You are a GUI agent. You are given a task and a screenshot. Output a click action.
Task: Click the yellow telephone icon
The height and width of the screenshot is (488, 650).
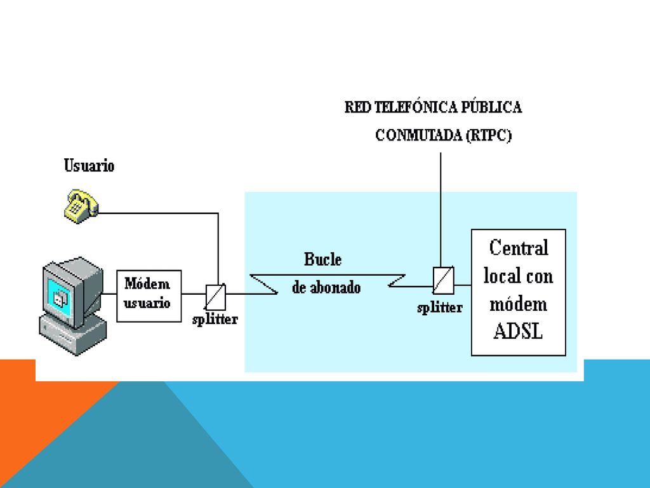81,207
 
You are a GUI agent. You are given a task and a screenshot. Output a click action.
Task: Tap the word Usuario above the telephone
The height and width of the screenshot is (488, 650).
89,166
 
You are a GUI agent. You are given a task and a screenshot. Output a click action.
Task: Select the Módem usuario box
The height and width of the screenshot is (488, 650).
149,296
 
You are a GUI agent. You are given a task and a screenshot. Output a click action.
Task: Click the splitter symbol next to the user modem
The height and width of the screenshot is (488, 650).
216,297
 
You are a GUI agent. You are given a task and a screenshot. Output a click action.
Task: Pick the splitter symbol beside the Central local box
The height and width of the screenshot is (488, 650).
443,280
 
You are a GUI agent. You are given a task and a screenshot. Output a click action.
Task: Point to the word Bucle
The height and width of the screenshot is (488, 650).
323,259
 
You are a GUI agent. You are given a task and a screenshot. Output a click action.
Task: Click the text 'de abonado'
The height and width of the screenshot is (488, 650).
326,287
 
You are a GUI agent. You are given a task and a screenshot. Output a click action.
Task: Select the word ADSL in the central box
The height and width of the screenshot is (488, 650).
518,332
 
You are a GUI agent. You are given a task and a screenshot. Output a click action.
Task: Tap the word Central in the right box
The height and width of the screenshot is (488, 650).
519,248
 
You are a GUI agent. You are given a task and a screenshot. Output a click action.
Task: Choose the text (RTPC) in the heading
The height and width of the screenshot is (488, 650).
489,135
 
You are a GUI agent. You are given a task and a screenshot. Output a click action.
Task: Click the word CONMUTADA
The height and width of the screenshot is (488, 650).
418,135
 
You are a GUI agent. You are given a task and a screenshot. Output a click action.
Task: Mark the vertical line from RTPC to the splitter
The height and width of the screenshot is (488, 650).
441,210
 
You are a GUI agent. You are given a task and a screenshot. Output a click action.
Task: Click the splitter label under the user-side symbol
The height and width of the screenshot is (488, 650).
215,319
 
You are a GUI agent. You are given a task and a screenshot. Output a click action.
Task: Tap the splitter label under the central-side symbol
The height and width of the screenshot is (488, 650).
440,308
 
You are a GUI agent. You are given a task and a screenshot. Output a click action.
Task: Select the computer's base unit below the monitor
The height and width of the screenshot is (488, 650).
73,334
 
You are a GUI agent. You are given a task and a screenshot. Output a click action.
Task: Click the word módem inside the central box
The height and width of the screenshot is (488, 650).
518,304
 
